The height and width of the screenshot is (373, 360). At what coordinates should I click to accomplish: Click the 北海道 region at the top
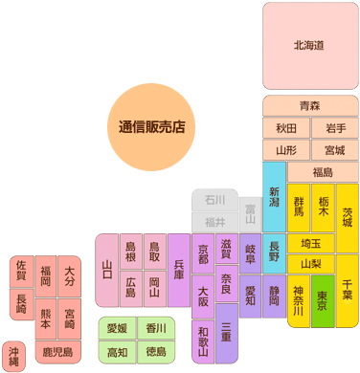click(x=309, y=45)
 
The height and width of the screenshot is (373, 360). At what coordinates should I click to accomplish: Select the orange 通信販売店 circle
click(x=151, y=125)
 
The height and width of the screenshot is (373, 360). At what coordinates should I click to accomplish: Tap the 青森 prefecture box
click(x=309, y=105)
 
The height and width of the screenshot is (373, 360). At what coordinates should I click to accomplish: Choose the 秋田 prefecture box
click(x=285, y=127)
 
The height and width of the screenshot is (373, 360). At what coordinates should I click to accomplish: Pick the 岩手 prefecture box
click(x=334, y=127)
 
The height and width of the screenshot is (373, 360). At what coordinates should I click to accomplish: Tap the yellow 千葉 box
click(x=347, y=287)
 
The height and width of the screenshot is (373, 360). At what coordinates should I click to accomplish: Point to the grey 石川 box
click(x=214, y=201)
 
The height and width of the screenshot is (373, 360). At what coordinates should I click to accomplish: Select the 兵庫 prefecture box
click(x=178, y=268)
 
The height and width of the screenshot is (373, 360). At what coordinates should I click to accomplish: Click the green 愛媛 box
click(x=117, y=329)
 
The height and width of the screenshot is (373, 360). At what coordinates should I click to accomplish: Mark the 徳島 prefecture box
click(x=155, y=352)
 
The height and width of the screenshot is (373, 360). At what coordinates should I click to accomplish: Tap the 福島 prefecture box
click(x=323, y=172)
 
